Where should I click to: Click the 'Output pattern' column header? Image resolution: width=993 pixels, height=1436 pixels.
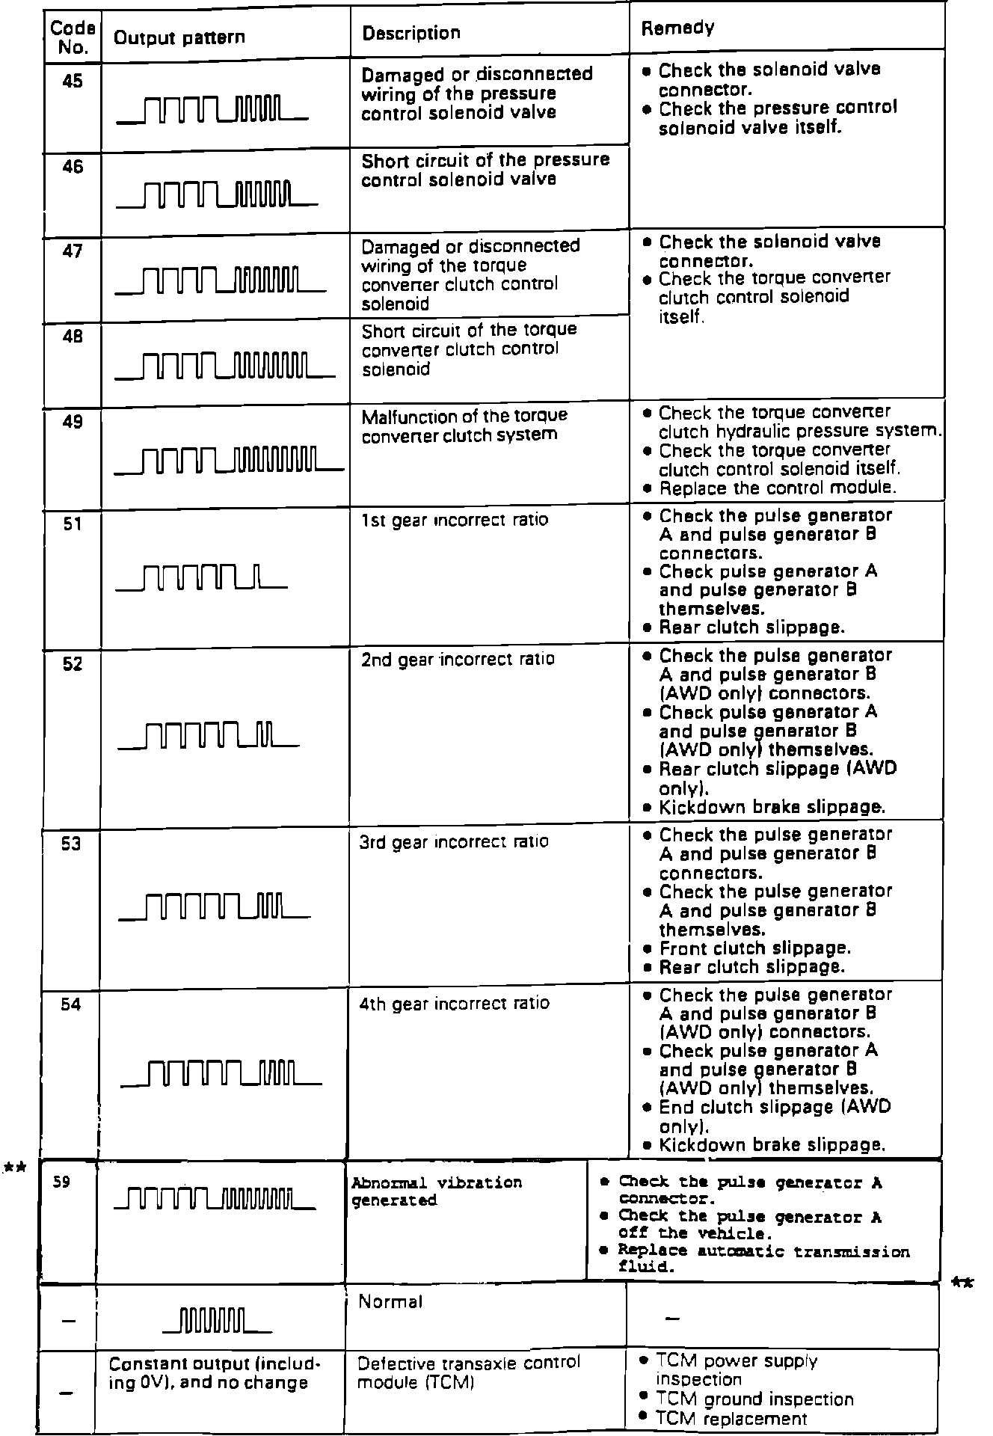pos(179,37)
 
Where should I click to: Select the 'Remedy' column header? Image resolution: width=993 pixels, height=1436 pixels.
pos(677,28)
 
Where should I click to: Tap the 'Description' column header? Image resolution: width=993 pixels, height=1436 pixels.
pos(411,34)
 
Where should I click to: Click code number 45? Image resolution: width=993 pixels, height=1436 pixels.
pos(73,81)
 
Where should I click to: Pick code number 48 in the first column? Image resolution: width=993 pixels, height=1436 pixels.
pos(73,337)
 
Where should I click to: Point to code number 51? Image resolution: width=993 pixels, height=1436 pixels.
pos(73,524)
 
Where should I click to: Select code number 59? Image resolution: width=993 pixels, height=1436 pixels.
pos(63,1183)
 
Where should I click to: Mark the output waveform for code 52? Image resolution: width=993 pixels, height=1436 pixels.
pos(209,735)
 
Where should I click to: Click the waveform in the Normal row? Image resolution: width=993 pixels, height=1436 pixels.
pos(217,1321)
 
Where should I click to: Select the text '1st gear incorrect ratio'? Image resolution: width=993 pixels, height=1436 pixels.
pos(454,520)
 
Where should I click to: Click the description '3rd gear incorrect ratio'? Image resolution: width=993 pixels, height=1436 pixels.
pos(454,841)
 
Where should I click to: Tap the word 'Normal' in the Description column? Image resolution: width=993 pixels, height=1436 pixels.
pos(390,1302)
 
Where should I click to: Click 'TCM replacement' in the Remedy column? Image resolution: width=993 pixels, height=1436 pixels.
pos(731,1418)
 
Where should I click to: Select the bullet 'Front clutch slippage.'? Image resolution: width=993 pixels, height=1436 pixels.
pos(754,948)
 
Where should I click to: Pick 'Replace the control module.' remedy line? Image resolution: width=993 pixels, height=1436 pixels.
pos(778,488)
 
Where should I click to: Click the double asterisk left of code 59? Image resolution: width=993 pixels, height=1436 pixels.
pos(15,1167)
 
